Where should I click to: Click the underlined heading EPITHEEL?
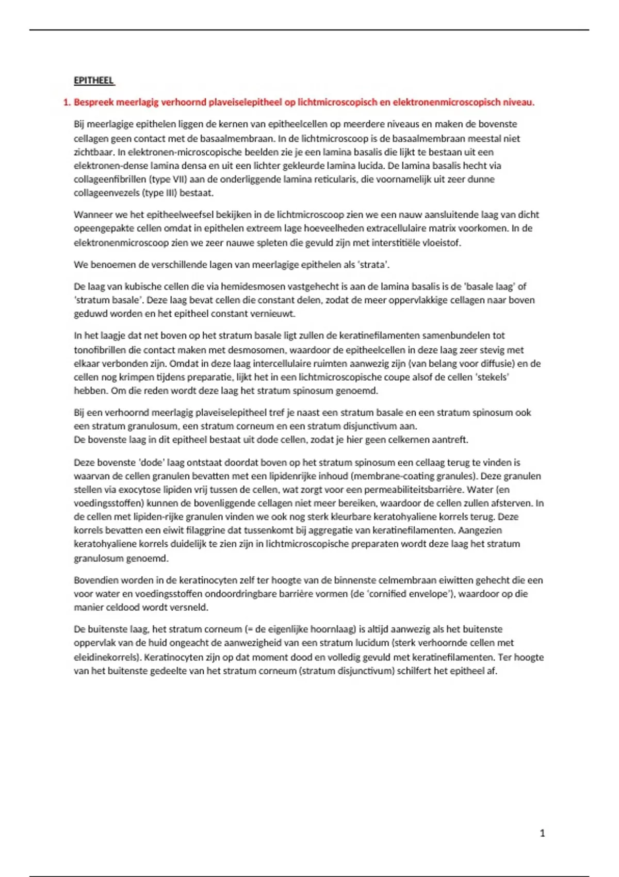point(93,80)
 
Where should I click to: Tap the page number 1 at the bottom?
point(542,833)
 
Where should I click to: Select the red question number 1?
point(66,102)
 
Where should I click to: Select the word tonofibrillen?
point(100,350)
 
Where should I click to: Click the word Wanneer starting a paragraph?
point(92,215)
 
